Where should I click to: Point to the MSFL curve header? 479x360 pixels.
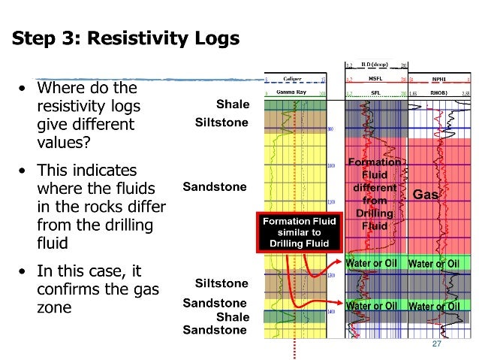coord(375,79)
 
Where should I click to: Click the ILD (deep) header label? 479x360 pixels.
coord(375,65)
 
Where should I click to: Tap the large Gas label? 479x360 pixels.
coord(426,194)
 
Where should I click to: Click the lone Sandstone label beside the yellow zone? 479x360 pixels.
coord(215,186)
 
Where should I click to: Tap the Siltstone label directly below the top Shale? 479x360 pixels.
coord(221,122)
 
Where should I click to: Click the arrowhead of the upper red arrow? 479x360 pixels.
coord(342,265)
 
